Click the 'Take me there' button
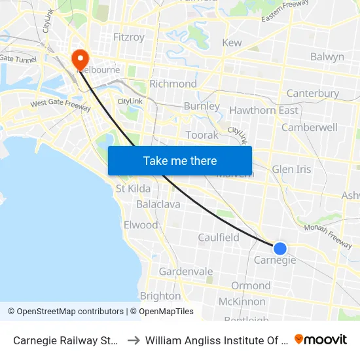point(180,160)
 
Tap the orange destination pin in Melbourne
point(81,59)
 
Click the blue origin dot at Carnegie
point(279,248)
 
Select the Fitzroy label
point(128,37)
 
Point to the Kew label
point(232,43)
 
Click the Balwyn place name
point(327,57)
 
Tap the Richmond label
point(173,84)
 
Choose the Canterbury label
point(313,94)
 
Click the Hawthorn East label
point(264,110)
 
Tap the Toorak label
point(202,135)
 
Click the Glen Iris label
point(291,169)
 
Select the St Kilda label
point(133,189)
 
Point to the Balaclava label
point(158,204)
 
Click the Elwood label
point(141,225)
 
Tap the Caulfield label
point(219,237)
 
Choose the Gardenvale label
point(186,271)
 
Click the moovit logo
point(321,340)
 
